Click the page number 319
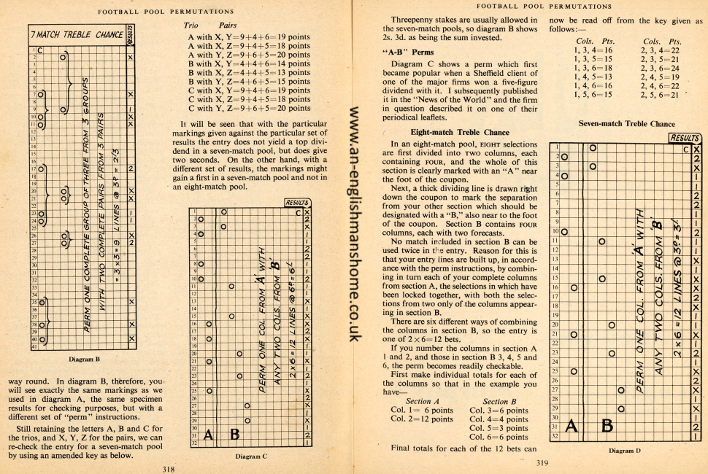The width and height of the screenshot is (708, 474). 542,462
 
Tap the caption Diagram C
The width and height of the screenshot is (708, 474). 252,455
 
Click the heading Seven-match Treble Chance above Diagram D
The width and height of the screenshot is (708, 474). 626,124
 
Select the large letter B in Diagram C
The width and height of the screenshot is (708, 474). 235,435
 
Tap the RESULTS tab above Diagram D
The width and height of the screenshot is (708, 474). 685,137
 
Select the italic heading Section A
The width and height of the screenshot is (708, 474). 418,401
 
